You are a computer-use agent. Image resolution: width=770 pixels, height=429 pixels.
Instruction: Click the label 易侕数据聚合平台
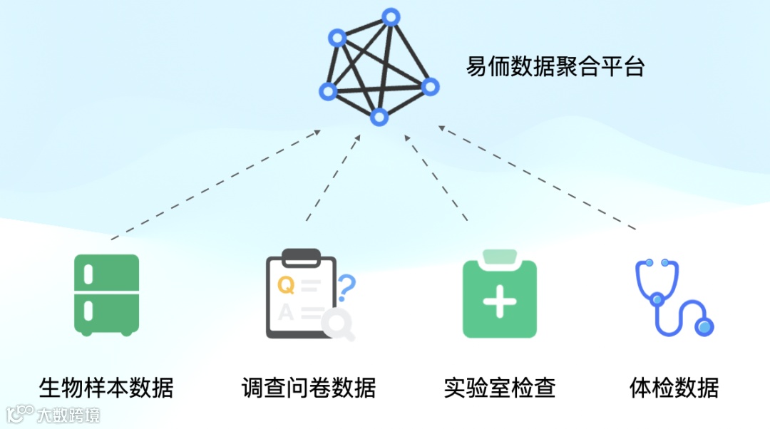click(x=555, y=68)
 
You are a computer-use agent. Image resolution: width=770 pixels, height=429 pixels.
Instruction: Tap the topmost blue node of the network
click(x=390, y=17)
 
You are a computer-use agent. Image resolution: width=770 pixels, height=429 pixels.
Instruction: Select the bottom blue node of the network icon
click(x=379, y=116)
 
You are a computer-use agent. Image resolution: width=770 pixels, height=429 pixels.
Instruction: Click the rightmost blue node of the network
click(x=430, y=86)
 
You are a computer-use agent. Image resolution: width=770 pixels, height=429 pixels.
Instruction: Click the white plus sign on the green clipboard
click(x=500, y=301)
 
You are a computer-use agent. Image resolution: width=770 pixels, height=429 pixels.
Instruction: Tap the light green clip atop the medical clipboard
click(x=499, y=257)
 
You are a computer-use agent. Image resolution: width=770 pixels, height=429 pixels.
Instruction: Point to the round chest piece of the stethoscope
click(x=704, y=326)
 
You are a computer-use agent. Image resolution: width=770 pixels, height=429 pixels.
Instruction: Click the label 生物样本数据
click(x=106, y=388)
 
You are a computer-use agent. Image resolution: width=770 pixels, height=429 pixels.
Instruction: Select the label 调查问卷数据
click(x=308, y=388)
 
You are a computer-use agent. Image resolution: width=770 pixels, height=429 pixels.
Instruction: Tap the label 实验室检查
click(x=499, y=388)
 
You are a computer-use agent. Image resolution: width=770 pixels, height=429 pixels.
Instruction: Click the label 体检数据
click(x=674, y=388)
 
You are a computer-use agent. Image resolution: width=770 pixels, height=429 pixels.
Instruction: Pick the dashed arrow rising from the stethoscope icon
click(x=538, y=178)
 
